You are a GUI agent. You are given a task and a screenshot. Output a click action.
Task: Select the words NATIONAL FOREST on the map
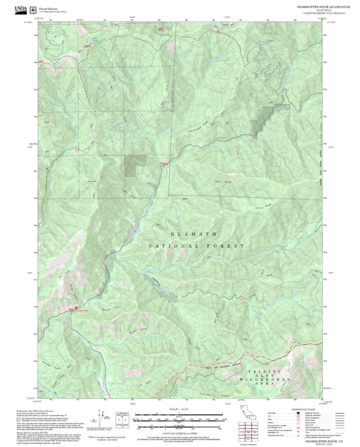coord(196,246)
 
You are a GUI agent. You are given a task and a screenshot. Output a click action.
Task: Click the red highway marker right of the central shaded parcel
coord(164,163)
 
